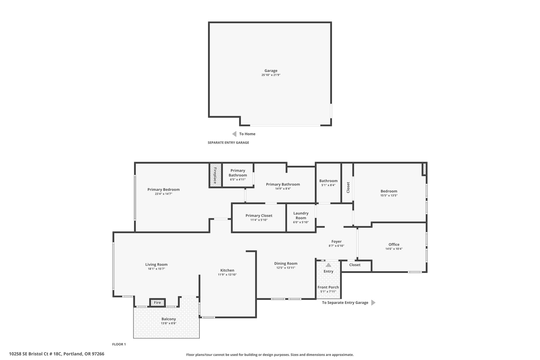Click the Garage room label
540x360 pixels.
[271, 71]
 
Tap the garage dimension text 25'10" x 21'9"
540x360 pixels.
[271, 75]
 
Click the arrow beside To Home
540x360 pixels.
[234, 134]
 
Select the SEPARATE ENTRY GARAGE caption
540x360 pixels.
[228, 143]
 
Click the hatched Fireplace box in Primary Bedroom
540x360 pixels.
[215, 175]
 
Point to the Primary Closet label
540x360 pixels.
[259, 215]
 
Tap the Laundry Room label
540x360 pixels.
[301, 215]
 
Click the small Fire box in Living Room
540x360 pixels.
[157, 303]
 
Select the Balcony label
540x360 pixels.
[169, 319]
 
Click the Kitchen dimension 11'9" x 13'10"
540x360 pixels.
[227, 275]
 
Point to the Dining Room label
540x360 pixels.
[286, 263]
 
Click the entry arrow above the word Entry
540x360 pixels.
[328, 265]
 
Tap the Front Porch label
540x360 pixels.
[328, 287]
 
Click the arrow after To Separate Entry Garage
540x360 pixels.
[373, 303]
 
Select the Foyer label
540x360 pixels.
[336, 241]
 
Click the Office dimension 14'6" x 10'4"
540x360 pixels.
[394, 249]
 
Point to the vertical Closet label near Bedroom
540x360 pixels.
[348, 187]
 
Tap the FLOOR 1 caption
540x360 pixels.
[119, 344]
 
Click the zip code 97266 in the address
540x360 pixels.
[98, 354]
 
